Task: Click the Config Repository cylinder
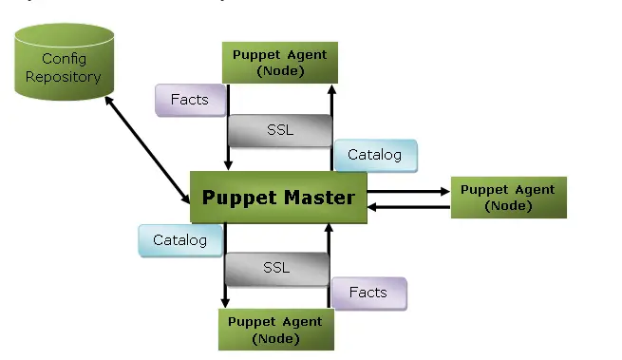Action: click(63, 67)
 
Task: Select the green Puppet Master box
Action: click(278, 199)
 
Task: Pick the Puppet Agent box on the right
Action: click(508, 198)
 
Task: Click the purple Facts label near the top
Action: click(190, 100)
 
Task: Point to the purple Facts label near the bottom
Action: click(368, 293)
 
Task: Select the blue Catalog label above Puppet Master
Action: click(374, 155)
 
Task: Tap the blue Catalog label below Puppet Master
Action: click(179, 240)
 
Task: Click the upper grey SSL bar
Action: click(280, 130)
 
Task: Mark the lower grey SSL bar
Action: click(276, 269)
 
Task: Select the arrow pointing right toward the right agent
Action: click(408, 191)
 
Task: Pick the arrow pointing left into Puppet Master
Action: click(408, 206)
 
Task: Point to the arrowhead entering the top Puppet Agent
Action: click(330, 89)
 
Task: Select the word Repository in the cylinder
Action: click(63, 76)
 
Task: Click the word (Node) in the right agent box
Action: click(508, 205)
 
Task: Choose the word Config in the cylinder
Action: click(63, 60)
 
